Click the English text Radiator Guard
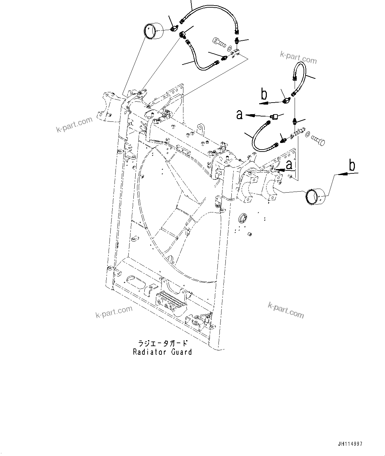pyautogui.click(x=162, y=352)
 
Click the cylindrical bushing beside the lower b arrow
pyautogui.click(x=315, y=197)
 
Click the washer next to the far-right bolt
pyautogui.click(x=307, y=134)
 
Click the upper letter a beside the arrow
pyautogui.click(x=239, y=115)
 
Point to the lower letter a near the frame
pyautogui.click(x=289, y=164)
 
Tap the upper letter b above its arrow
pyautogui.click(x=264, y=95)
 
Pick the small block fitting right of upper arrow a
pyautogui.click(x=274, y=116)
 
